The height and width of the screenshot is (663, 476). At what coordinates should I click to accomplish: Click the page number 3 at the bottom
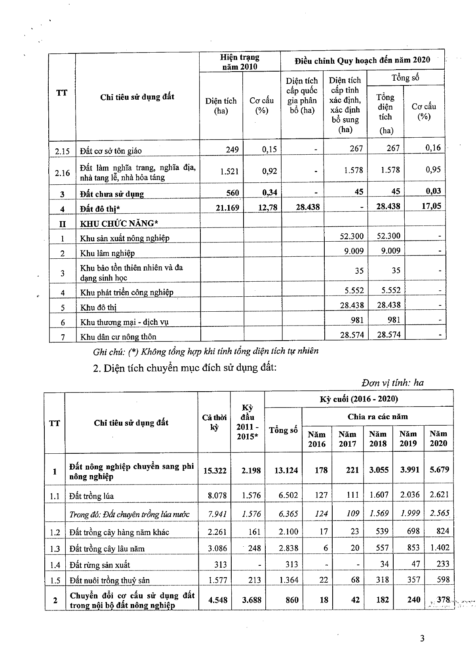(x=422, y=638)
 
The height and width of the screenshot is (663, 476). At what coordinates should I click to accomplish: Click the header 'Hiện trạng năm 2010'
(x=240, y=62)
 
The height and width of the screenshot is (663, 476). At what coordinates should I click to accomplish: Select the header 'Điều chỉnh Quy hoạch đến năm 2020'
(x=362, y=60)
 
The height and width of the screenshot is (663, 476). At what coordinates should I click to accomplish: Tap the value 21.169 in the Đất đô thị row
(x=227, y=207)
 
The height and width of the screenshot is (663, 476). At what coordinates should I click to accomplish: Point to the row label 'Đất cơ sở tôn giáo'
(x=110, y=151)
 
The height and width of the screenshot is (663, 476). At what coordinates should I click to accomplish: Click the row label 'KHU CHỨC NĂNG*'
(x=119, y=224)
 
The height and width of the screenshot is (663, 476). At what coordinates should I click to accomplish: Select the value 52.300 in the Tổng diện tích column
(x=388, y=236)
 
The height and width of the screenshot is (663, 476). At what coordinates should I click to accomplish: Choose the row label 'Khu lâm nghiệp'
(x=107, y=253)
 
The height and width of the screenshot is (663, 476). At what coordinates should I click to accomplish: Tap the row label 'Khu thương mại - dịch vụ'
(x=124, y=322)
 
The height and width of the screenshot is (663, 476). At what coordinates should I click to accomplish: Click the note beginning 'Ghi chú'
(x=206, y=351)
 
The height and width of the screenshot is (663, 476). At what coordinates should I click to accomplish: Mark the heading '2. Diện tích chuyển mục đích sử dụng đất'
(x=184, y=368)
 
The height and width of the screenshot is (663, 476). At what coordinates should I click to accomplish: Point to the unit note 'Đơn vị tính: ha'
(x=392, y=383)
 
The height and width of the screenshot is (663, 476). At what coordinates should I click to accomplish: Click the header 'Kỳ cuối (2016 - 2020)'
(x=359, y=399)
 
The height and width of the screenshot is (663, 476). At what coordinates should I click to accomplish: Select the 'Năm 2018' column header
(x=378, y=439)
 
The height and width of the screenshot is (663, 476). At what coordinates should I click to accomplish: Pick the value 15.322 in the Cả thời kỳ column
(x=215, y=470)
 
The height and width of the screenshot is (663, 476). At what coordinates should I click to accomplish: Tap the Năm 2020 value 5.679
(x=439, y=470)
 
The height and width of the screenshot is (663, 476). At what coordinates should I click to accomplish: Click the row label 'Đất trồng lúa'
(x=91, y=496)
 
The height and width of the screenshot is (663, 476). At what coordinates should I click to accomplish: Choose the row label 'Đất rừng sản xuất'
(x=99, y=565)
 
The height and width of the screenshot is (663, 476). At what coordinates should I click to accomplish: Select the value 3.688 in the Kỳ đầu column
(x=251, y=600)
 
